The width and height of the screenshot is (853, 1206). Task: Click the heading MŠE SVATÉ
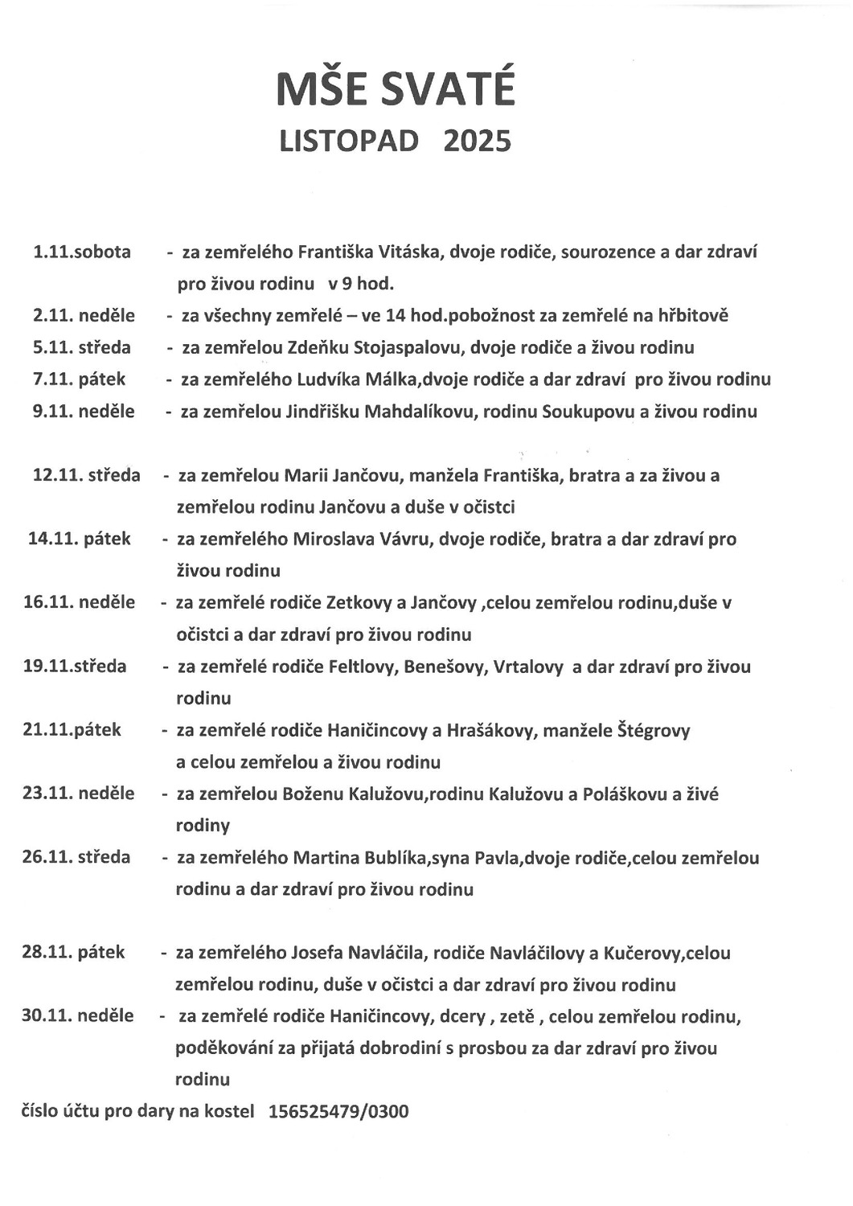(395, 90)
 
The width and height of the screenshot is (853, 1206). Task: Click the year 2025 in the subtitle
(477, 142)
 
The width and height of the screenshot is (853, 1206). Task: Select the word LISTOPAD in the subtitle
(349, 142)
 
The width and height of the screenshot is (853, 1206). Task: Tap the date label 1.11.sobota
(82, 252)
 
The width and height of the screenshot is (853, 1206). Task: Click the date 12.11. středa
(86, 475)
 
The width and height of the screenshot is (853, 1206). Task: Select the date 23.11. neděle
(78, 794)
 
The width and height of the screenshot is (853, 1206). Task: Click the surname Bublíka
(396, 858)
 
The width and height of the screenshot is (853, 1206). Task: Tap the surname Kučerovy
(643, 954)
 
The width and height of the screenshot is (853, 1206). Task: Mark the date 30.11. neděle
(77, 1016)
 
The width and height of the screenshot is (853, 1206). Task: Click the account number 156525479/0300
(338, 1112)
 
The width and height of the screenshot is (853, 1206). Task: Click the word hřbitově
(693, 316)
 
